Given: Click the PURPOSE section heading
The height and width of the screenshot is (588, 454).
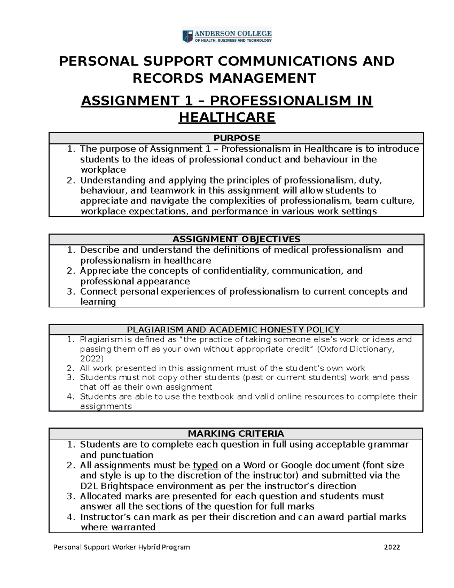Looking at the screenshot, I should click(x=236, y=138).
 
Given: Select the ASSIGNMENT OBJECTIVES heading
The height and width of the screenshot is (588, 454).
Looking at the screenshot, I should click(x=236, y=239).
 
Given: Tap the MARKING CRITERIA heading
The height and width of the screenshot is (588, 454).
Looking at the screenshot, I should click(x=236, y=434).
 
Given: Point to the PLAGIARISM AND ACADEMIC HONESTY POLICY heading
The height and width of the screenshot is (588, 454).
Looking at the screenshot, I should click(x=233, y=330).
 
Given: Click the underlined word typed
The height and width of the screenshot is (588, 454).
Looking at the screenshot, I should click(x=205, y=465).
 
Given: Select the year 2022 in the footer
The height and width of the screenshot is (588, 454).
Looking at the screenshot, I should click(x=392, y=547).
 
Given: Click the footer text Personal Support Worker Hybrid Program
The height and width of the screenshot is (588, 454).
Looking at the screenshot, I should click(x=121, y=547).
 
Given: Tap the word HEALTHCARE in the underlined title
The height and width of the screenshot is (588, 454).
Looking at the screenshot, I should click(x=227, y=118).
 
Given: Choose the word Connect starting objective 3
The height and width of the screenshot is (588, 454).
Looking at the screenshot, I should click(x=100, y=292).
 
